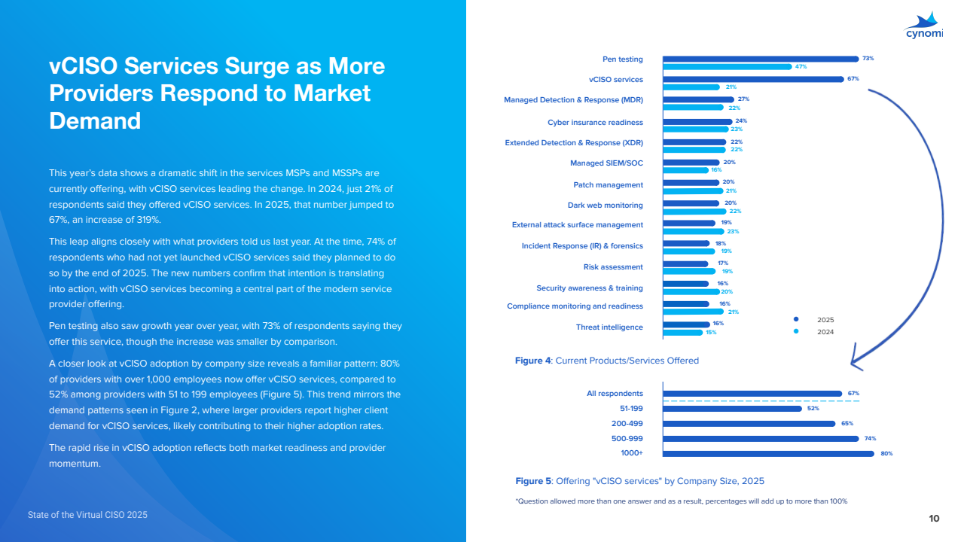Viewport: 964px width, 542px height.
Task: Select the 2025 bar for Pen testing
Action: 761,59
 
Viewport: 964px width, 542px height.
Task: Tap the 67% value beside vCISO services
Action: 853,78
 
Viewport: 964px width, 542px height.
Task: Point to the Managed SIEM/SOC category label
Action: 606,163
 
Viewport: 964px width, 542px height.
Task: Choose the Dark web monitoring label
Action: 605,205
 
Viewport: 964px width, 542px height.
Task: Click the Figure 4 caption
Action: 606,361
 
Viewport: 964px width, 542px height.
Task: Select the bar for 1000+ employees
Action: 768,453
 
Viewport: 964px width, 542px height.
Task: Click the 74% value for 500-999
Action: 871,438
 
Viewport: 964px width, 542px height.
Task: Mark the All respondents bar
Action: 752,393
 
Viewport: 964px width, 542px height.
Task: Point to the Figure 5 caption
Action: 639,480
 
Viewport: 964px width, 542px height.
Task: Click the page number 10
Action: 934,518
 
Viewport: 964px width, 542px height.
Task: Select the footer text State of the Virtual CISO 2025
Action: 87,515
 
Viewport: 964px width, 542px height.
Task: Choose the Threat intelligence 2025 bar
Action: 686,324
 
